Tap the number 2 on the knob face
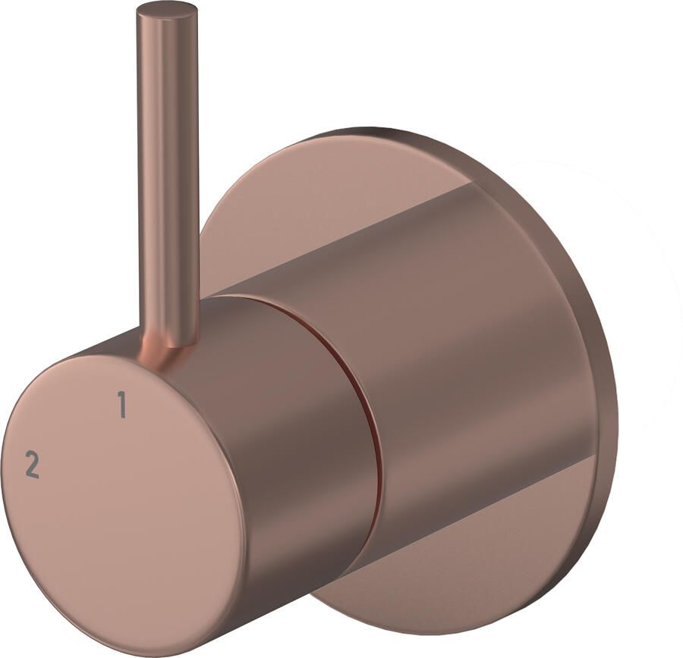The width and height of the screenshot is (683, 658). (x=32, y=464)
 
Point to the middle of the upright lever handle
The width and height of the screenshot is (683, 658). (x=168, y=174)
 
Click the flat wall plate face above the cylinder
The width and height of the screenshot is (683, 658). (x=304, y=205)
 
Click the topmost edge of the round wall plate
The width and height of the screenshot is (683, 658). (x=364, y=130)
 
